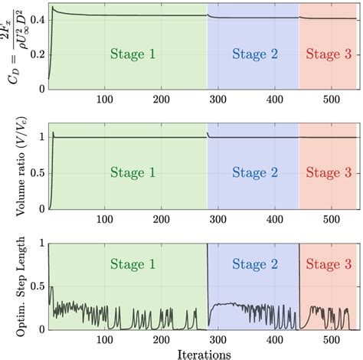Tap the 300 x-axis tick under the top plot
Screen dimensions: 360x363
coord(218,100)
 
